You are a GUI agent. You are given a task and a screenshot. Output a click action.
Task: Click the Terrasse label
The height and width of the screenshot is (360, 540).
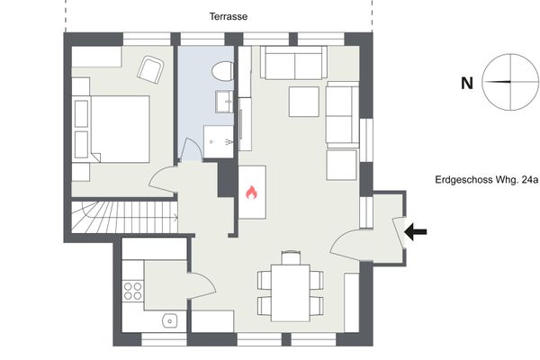click(229, 16)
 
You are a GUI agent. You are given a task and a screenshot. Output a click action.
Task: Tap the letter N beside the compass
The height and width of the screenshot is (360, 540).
click(466, 84)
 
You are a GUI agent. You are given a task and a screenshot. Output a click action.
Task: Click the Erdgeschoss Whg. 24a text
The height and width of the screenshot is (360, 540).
click(486, 180)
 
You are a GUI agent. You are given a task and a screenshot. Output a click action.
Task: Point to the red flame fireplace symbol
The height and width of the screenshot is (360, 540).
click(251, 193)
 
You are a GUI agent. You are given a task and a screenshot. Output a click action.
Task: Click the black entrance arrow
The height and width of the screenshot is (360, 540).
click(415, 231)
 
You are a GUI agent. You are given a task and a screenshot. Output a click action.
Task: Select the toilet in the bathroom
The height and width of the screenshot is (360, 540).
click(222, 71)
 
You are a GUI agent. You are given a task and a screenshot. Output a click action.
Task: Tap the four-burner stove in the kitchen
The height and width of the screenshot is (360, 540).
click(133, 291)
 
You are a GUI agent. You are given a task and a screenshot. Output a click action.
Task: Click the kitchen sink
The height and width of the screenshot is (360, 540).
click(170, 320)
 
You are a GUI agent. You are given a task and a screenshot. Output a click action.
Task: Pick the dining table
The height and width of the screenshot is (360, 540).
click(290, 292)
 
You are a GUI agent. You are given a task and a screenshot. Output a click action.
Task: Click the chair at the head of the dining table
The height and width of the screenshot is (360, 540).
click(291, 257)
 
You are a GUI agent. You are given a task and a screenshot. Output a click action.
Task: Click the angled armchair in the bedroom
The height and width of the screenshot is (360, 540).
click(150, 70)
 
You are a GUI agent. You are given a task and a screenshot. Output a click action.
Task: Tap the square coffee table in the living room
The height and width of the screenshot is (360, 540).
click(304, 102)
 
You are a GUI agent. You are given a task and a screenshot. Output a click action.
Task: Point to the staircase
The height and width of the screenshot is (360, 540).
click(125, 217)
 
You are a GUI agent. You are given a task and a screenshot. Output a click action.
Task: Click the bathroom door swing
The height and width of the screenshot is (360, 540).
click(191, 148)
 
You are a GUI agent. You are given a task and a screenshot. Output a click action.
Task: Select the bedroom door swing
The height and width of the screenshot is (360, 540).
click(164, 179)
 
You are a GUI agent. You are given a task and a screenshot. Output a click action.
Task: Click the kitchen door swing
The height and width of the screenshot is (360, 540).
click(202, 285)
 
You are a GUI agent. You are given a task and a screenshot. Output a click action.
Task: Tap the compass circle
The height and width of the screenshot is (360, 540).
click(510, 82)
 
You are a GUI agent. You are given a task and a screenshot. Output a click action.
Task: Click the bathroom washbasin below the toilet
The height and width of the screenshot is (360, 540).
click(224, 102)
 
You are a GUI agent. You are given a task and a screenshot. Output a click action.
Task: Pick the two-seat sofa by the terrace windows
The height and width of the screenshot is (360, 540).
click(293, 62)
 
